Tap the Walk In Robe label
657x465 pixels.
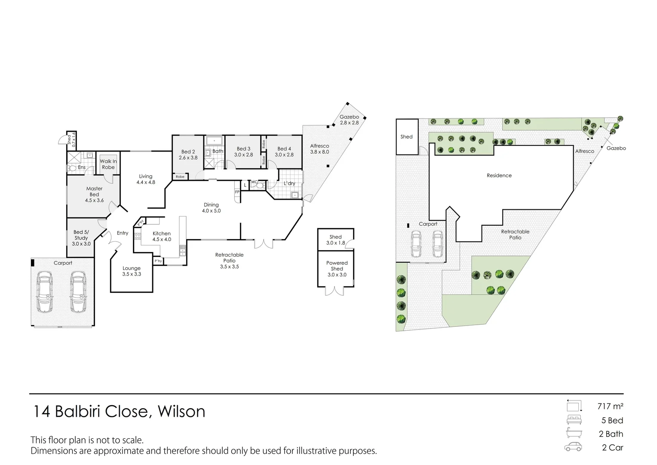pyautogui.click(x=108, y=164)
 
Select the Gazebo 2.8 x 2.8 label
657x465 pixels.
pyautogui.click(x=349, y=120)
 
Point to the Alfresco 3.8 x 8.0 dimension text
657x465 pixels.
pyautogui.click(x=319, y=152)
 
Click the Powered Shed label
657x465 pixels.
pyautogui.click(x=337, y=266)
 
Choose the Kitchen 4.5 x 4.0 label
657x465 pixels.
pyautogui.click(x=162, y=236)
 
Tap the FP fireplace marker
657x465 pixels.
pyautogui.click(x=237, y=192)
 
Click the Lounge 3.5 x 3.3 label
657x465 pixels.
pyautogui.click(x=132, y=271)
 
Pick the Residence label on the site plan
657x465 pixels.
pyautogui.click(x=499, y=176)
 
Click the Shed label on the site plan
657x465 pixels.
pyautogui.click(x=406, y=136)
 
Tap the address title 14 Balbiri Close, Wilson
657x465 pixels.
pyautogui.click(x=120, y=411)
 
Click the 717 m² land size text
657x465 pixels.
pyautogui.click(x=610, y=406)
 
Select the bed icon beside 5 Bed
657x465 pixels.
pyautogui.click(x=574, y=420)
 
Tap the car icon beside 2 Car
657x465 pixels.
pyautogui.click(x=573, y=447)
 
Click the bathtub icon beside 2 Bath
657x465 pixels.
pyautogui.click(x=574, y=433)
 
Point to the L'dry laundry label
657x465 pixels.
pyautogui.click(x=289, y=183)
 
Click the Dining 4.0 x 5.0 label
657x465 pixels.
pyautogui.click(x=211, y=208)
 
